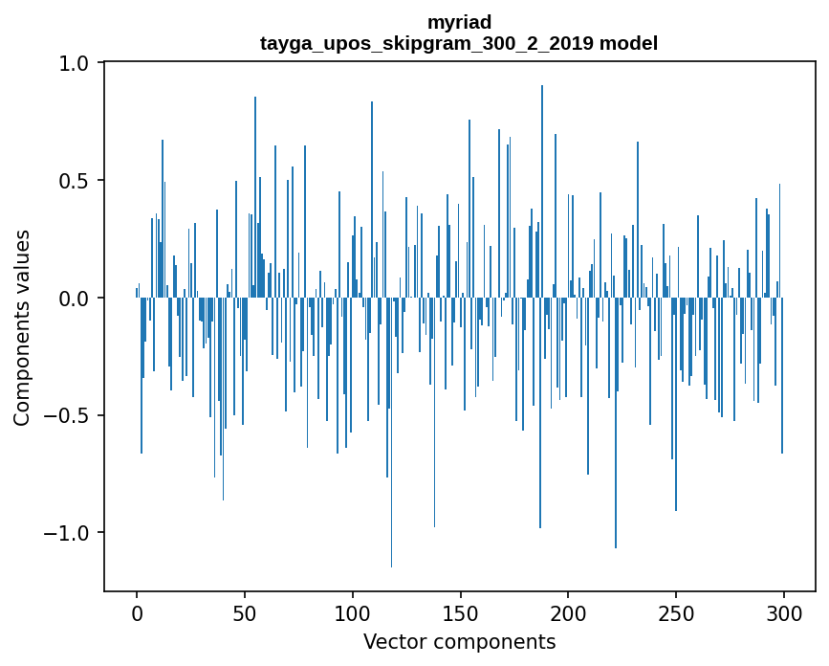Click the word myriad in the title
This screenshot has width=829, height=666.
point(459,22)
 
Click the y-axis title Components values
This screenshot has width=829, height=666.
point(22,327)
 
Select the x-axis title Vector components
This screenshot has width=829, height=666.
point(459,641)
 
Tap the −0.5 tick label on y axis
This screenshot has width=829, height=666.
point(69,415)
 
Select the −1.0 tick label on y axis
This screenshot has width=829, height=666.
point(69,533)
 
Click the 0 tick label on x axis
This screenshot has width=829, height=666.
point(137,611)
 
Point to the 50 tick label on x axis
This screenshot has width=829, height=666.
point(245,611)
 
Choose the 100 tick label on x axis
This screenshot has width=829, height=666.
point(353,611)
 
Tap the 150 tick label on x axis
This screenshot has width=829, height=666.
point(461,611)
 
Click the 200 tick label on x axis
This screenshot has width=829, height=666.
point(568,611)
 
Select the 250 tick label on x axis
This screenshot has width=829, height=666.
point(676,611)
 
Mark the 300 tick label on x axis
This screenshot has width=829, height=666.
point(784,611)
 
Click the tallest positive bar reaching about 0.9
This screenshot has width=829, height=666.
point(542,191)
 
